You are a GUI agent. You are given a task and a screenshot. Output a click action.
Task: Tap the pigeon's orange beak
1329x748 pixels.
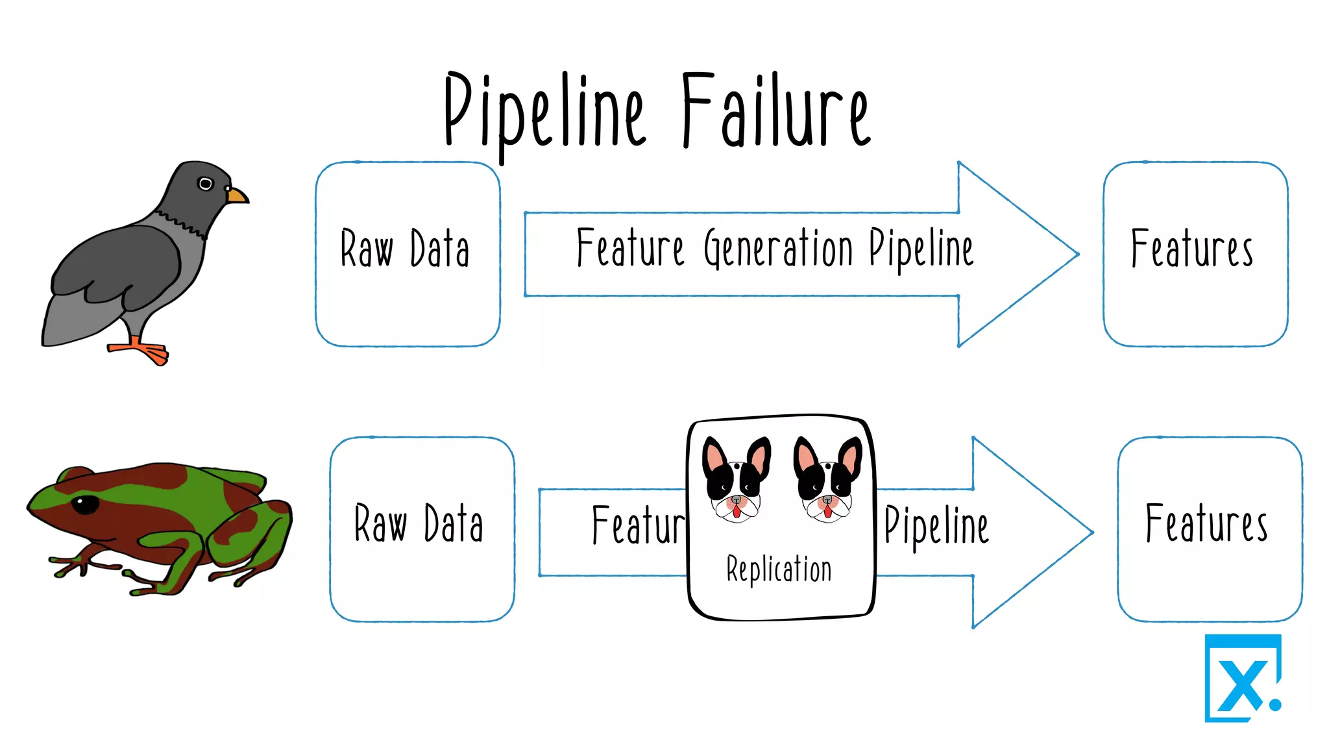[x=238, y=195]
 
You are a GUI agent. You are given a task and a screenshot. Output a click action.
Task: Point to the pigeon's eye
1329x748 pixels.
[x=205, y=184]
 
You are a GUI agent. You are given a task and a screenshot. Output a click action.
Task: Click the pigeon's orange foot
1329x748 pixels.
[x=146, y=351]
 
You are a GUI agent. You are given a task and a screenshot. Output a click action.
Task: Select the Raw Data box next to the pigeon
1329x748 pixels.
[x=408, y=254]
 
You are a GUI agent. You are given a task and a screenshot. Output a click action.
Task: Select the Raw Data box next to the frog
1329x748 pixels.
[x=422, y=529]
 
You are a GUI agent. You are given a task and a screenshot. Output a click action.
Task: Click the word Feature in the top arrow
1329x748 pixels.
[x=629, y=249]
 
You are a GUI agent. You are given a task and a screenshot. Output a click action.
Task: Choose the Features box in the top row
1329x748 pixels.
[x=1195, y=254]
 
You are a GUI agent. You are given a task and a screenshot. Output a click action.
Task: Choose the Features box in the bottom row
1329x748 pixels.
[x=1209, y=529]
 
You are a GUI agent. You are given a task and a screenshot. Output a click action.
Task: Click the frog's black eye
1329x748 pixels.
[x=85, y=504]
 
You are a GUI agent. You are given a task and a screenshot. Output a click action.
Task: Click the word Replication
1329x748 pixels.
[x=779, y=570]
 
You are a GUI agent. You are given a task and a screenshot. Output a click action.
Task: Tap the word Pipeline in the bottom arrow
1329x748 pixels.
[x=936, y=527]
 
